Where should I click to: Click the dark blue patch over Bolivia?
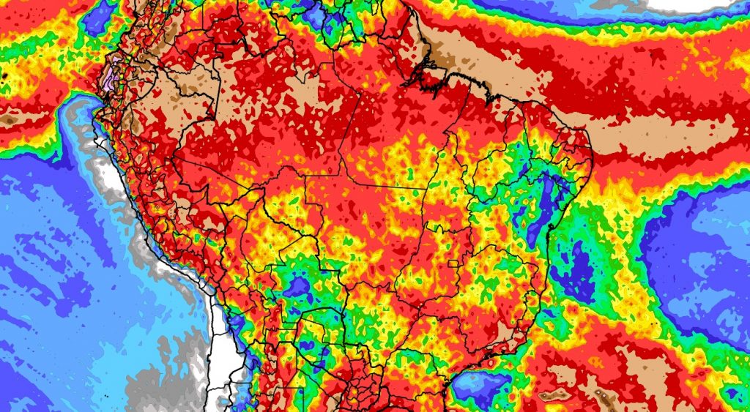(298, 287)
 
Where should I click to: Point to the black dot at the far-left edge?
(4, 75)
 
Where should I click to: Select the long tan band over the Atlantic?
(659, 135)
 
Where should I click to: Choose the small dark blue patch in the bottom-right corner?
(732, 395)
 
